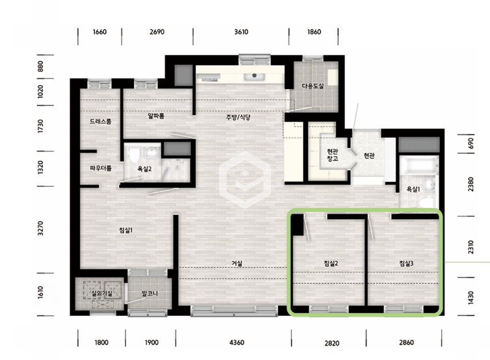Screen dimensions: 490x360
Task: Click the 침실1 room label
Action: click(125, 230)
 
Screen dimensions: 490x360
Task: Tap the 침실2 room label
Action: click(331, 263)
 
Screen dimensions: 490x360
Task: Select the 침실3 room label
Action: click(406, 263)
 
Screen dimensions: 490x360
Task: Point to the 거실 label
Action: click(237, 263)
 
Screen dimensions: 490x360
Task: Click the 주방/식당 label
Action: click(238, 118)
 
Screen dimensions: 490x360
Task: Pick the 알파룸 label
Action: click(156, 116)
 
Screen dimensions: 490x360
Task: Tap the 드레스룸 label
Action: click(100, 122)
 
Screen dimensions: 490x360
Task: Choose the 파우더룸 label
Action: click(101, 168)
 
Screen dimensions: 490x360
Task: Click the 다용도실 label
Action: click(313, 86)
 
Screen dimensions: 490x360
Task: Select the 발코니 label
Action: click(149, 294)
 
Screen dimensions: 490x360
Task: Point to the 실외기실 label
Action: click(97, 293)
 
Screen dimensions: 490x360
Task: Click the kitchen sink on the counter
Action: click(254, 76)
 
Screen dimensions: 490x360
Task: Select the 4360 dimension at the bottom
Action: click(237, 342)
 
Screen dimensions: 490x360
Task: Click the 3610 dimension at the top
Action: click(241, 32)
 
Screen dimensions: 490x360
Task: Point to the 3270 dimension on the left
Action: click(40, 228)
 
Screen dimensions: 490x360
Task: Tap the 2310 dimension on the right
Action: click(471, 246)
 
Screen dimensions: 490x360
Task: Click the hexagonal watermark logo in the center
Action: click(245, 180)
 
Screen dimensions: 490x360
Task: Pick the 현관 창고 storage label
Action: click(333, 155)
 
